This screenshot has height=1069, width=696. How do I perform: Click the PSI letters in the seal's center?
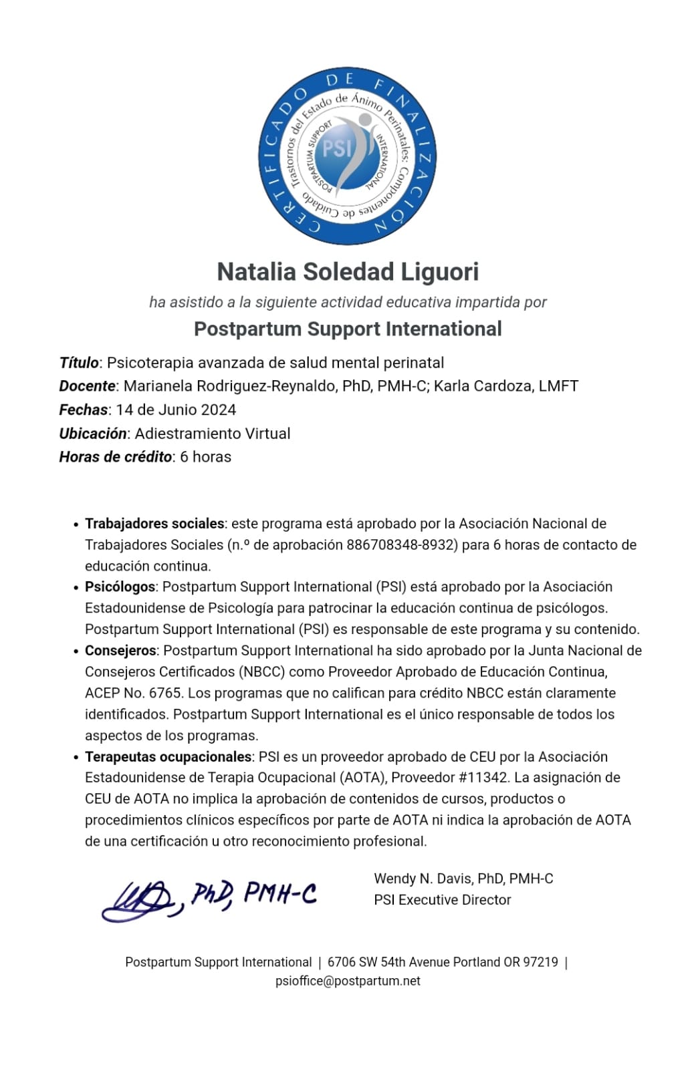336,148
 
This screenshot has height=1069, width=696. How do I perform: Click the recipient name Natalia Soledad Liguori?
348,272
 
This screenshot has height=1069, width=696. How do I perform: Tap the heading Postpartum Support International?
348,329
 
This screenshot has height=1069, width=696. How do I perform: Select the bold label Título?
79,363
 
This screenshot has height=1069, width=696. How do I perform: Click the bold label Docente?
87,386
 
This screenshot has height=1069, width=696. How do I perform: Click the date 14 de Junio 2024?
176,410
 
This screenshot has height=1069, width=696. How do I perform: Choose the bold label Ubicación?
92,434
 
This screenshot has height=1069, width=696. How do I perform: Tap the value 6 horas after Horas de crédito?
205,457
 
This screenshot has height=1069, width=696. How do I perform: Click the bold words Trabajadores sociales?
154,524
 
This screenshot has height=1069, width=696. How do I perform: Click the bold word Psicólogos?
120,587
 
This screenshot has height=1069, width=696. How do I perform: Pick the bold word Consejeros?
120,651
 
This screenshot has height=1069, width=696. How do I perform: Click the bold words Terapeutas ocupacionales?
168,757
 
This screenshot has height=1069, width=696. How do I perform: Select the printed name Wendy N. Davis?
423,879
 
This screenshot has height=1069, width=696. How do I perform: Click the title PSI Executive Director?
443,900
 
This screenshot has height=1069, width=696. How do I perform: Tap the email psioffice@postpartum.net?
348,981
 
